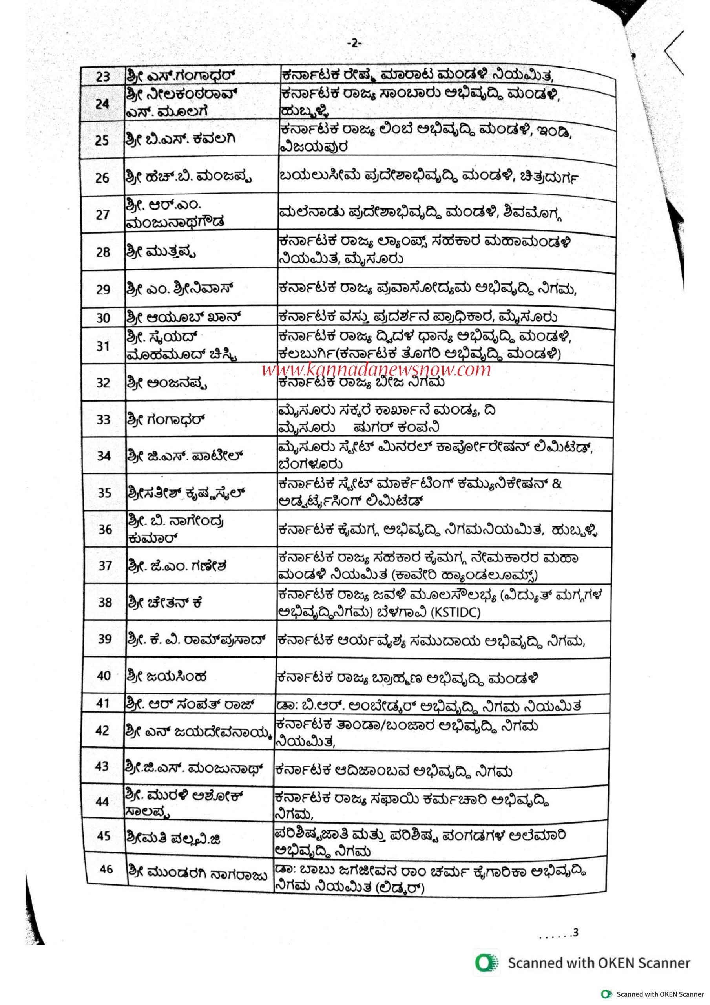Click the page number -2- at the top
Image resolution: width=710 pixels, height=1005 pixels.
pyautogui.click(x=354, y=43)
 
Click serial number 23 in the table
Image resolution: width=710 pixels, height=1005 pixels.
pyautogui.click(x=102, y=77)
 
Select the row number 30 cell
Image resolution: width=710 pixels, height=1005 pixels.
pyautogui.click(x=103, y=318)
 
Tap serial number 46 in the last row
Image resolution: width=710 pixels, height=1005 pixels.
pyautogui.click(x=106, y=869)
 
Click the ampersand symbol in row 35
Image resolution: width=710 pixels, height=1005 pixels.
pyautogui.click(x=557, y=484)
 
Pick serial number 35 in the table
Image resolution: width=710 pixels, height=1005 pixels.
pyautogui.click(x=104, y=493)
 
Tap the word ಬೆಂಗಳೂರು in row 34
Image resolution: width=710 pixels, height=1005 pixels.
pyautogui.click(x=310, y=464)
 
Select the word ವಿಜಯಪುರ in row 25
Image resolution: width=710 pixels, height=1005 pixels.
pyautogui.click(x=314, y=147)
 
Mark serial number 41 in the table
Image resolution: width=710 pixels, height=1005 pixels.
pyautogui.click(x=103, y=703)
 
